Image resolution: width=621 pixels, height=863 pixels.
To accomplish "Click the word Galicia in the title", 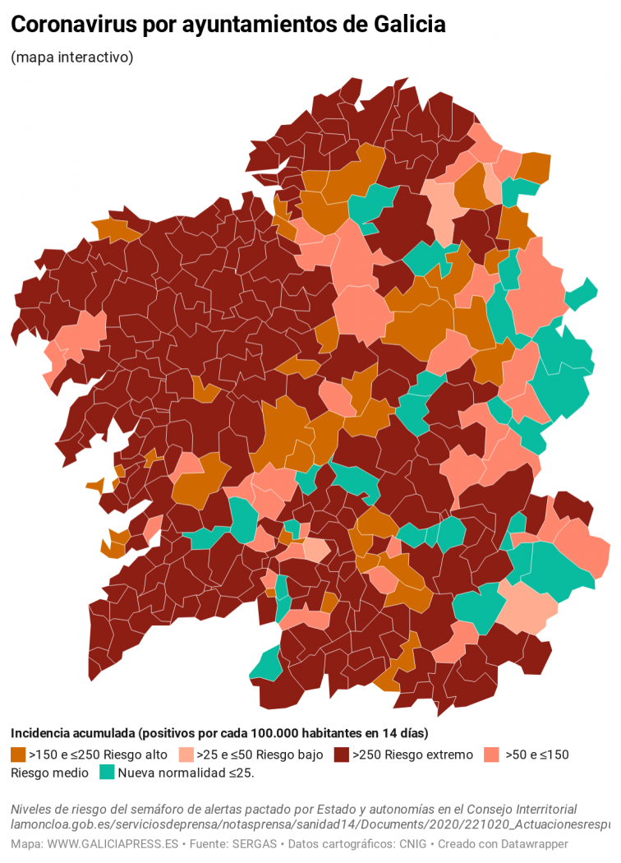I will coord(409,25).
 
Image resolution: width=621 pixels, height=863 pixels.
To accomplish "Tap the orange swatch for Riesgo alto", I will coord(18,755).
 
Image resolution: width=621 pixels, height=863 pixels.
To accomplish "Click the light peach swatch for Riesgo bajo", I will coord(186,755).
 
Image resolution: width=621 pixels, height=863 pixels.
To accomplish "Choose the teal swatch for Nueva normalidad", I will coord(107,773).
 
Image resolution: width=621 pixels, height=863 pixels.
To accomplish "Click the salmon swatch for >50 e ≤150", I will coord(492,755).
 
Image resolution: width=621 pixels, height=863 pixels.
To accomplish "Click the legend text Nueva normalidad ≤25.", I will coord(186,773).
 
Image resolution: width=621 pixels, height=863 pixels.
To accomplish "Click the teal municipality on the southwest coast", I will coord(266,664).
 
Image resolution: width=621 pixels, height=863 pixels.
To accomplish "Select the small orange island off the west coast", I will coord(94,485).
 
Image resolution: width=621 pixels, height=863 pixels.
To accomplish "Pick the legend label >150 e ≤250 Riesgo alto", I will coord(99,755).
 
